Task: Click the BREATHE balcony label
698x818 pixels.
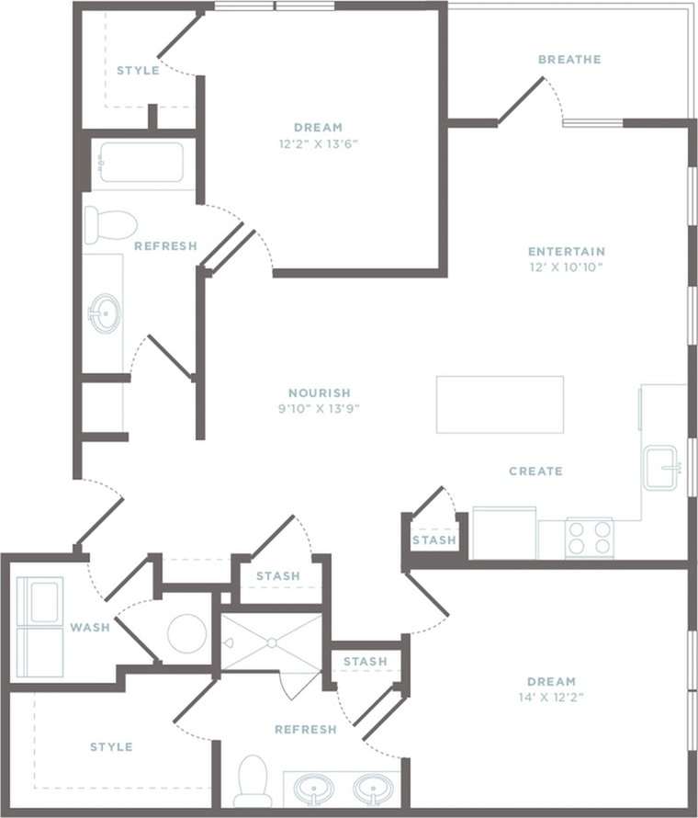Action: pos(569,60)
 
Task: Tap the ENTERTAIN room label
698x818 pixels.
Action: pos(567,251)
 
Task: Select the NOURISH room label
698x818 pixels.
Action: pos(319,392)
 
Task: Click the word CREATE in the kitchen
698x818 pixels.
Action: pos(535,471)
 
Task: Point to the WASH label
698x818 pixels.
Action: pos(90,628)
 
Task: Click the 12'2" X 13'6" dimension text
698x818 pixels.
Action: pos(319,143)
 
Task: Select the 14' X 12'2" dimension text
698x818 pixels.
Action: pos(551,698)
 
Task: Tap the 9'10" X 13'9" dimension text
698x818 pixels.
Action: pos(319,409)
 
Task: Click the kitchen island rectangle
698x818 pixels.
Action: pos(500,404)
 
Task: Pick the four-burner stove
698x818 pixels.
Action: pos(589,538)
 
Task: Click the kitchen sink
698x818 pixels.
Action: pos(660,468)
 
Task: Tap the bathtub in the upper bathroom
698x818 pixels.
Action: pos(142,164)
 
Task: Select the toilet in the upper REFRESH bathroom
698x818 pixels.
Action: pos(110,224)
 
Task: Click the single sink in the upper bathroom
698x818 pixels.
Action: pos(105,313)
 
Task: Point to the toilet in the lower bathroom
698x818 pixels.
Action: pos(253,782)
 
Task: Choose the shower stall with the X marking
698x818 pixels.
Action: pos(272,642)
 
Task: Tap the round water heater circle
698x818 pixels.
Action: pos(187,633)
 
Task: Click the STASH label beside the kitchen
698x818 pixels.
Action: pos(433,540)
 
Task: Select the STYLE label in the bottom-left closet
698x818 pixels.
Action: pos(111,747)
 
